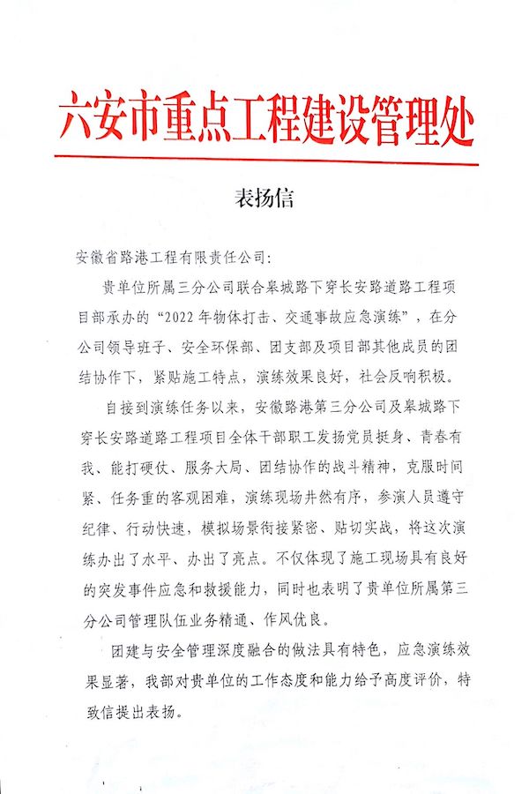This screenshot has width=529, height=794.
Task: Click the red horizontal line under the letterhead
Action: pyautogui.click(x=265, y=161)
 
